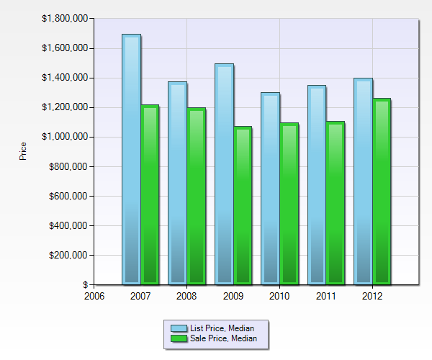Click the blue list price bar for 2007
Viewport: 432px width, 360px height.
(x=131, y=158)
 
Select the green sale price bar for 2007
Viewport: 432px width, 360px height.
(x=150, y=194)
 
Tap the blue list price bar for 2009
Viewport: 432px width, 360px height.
(x=224, y=173)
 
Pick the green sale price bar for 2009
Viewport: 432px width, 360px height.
(x=243, y=205)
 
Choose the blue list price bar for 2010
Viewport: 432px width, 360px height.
(x=270, y=187)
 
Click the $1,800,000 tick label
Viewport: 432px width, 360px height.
(x=66, y=18)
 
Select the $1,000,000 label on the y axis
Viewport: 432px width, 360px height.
(x=66, y=137)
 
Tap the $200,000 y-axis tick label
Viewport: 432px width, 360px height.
(x=69, y=255)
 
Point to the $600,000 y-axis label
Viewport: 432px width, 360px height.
(x=69, y=196)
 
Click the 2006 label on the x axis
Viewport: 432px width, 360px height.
(x=94, y=294)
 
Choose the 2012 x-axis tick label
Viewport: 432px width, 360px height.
(x=372, y=294)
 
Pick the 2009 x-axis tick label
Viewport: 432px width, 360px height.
(x=233, y=294)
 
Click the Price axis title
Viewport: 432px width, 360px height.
(x=23, y=151)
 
